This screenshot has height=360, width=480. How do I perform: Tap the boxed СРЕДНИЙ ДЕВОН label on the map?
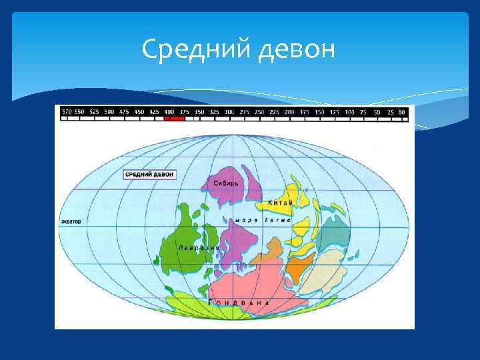tap(150, 173)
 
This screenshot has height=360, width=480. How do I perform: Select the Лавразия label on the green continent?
tap(199, 247)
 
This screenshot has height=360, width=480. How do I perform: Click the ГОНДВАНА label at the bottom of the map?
tap(240, 303)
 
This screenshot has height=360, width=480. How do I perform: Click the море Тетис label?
tap(261, 219)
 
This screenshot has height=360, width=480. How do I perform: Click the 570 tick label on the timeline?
tap(67, 112)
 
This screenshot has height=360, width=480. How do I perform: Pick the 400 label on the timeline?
tap(169, 112)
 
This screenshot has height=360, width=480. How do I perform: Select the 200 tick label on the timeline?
tap(289, 112)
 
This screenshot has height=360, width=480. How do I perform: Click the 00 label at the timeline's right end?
tap(401, 112)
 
